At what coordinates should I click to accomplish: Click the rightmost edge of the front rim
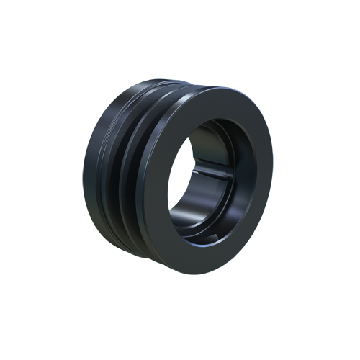tap(273, 173)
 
